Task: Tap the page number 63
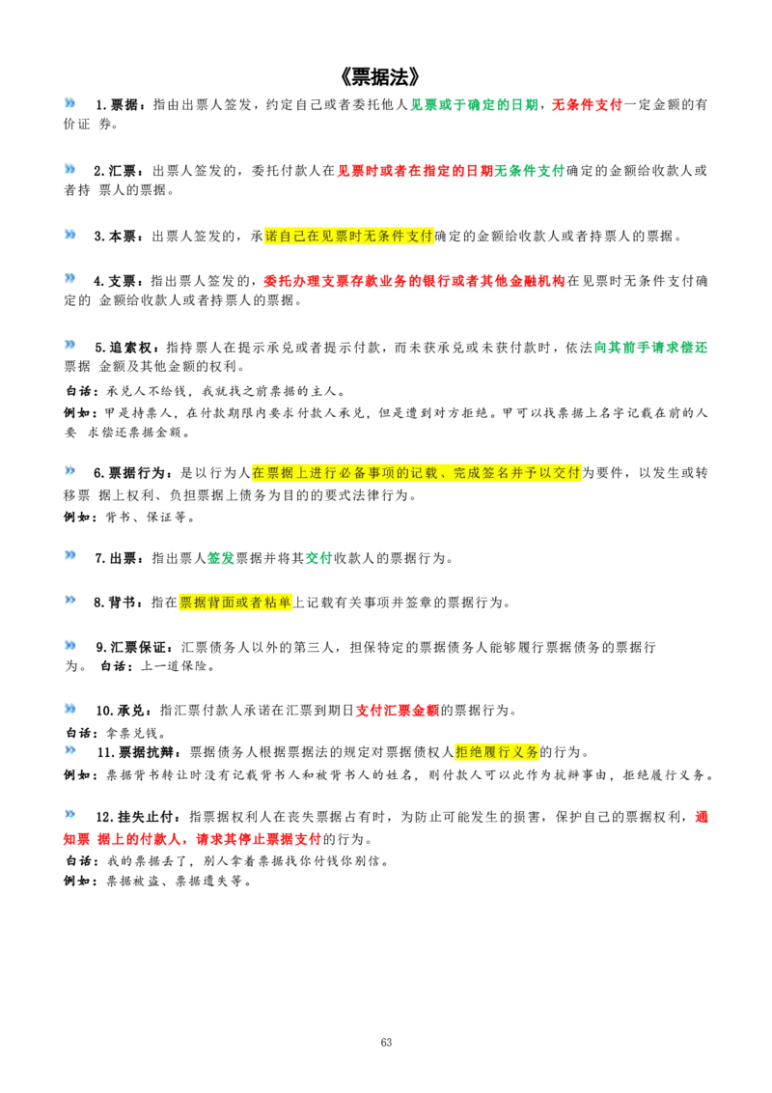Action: (387, 1042)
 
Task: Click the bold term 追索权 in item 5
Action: (129, 348)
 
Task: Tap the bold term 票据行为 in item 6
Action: (136, 473)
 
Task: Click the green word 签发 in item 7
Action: (221, 558)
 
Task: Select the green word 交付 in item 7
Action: (319, 558)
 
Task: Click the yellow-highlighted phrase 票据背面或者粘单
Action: (235, 603)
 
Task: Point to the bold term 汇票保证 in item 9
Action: (138, 647)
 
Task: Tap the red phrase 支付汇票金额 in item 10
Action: (398, 711)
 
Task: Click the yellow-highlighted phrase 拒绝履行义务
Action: (497, 752)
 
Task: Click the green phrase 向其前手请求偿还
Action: (650, 348)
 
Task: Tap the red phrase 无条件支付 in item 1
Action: (587, 104)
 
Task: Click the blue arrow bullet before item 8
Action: (69, 601)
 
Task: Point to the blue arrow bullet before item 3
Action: (69, 235)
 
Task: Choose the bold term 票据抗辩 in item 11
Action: (147, 752)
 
